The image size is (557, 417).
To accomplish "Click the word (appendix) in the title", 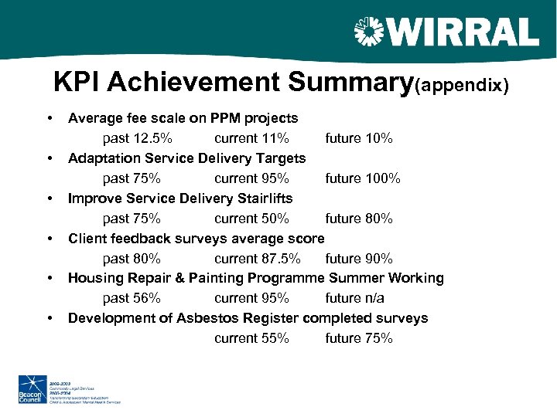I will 462,85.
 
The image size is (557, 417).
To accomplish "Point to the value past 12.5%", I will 137,139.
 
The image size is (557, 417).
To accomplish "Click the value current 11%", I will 251,139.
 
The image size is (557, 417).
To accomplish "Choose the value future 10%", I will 358,139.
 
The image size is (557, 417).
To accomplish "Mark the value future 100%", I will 362,178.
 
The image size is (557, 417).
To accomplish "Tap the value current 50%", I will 251,219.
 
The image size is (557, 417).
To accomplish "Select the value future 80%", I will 358,219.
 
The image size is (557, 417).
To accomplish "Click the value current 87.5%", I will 258,259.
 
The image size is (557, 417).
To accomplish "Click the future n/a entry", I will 354,298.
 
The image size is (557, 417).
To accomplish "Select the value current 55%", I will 251,338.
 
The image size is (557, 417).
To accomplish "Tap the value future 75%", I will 358,338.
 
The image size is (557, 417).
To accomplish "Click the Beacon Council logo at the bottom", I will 32,389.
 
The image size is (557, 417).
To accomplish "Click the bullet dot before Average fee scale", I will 50,119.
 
